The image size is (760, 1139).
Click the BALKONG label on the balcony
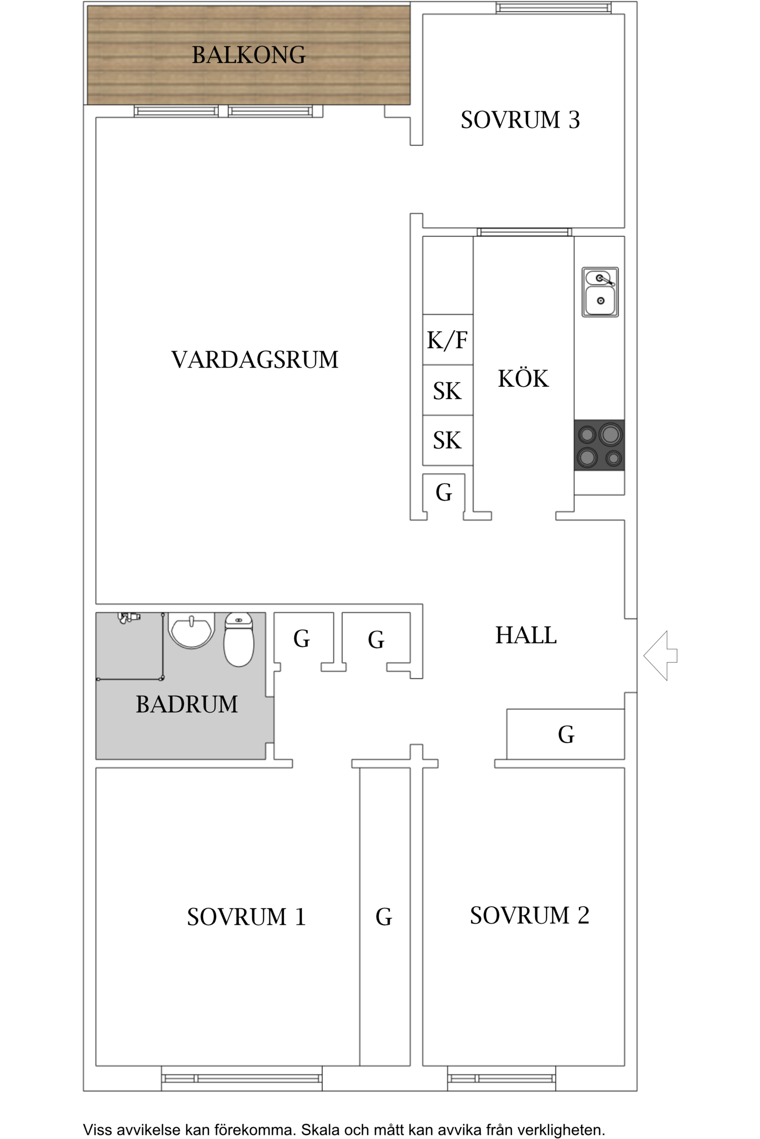pyautogui.click(x=248, y=55)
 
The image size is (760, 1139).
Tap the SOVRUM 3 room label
pyautogui.click(x=520, y=120)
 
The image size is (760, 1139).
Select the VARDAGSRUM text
pyautogui.click(x=254, y=360)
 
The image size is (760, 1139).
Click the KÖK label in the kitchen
pyautogui.click(x=523, y=379)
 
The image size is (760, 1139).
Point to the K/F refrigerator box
pyautogui.click(x=447, y=340)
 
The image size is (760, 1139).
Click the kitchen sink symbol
pyautogui.click(x=600, y=292)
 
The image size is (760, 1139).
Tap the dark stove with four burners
pyautogui.click(x=599, y=445)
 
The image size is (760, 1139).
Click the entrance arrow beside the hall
pyautogui.click(x=660, y=656)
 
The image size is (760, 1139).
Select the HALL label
pyautogui.click(x=526, y=635)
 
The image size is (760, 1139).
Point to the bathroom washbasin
pyautogui.click(x=191, y=630)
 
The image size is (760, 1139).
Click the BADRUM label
pyautogui.click(x=186, y=704)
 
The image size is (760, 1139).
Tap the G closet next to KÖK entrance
pyautogui.click(x=444, y=493)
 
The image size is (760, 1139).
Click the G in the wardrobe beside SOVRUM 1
pyautogui.click(x=384, y=917)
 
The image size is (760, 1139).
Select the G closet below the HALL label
pyautogui.click(x=566, y=735)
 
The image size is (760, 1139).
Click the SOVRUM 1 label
pyautogui.click(x=246, y=917)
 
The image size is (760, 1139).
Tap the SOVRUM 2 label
pyautogui.click(x=529, y=915)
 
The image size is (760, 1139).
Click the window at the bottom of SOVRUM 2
pyautogui.click(x=501, y=1078)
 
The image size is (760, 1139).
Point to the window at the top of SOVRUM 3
pyautogui.click(x=553, y=8)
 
